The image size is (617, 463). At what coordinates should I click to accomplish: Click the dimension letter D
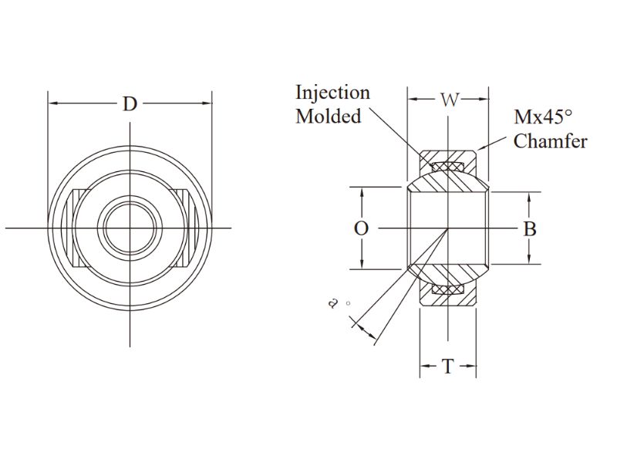[130, 103]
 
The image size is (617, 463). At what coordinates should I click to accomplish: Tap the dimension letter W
[449, 100]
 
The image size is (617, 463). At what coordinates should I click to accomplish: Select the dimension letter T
[448, 367]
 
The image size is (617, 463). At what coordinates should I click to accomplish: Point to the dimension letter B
[530, 228]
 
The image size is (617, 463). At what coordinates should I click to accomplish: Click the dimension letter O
[360, 228]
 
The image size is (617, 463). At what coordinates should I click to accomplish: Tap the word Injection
[332, 93]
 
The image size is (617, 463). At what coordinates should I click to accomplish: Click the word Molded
[329, 117]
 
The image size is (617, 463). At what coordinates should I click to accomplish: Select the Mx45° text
[544, 117]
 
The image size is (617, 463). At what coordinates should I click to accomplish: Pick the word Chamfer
[550, 141]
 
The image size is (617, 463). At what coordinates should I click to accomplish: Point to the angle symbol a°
[334, 303]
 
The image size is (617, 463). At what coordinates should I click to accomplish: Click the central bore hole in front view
[130, 228]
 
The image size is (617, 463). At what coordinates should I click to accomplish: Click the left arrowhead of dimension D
[52, 103]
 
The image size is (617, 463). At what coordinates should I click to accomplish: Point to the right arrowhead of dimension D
[208, 103]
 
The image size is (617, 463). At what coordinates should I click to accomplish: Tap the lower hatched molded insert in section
[448, 289]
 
